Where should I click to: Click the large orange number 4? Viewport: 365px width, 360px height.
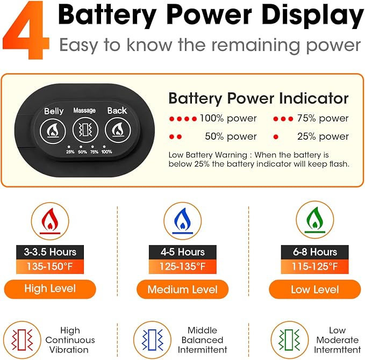(26, 30)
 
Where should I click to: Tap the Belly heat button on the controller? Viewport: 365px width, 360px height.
(53, 131)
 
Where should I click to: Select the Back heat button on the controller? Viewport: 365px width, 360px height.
(118, 130)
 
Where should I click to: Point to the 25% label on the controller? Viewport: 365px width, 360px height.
(70, 152)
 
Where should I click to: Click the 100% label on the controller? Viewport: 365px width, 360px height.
(106, 152)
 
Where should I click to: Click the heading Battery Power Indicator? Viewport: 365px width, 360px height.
(259, 98)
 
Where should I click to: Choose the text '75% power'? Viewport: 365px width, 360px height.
(323, 118)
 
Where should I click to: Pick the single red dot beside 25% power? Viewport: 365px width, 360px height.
(276, 137)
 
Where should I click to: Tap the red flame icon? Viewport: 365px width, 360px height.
(50, 221)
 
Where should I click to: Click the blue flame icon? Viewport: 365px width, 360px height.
(183, 221)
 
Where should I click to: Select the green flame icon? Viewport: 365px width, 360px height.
(314, 220)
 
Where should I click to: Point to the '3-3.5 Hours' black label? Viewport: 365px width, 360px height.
(50, 252)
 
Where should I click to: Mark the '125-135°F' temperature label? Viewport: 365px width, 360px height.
(183, 267)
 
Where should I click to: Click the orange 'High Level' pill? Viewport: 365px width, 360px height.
(50, 289)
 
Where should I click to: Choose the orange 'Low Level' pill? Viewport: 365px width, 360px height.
(314, 290)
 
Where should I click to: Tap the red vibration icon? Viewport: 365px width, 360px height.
(22, 340)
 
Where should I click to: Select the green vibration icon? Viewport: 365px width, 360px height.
(289, 340)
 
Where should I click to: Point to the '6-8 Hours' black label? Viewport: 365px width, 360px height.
(314, 252)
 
